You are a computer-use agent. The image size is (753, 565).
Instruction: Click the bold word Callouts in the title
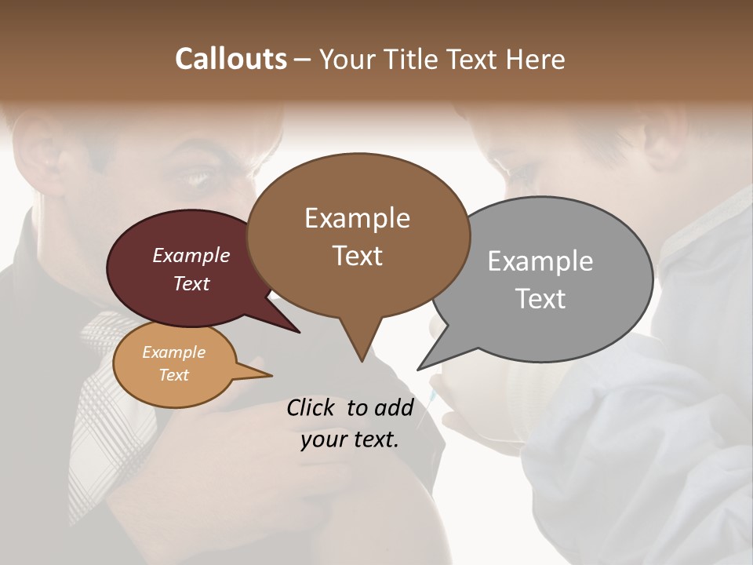(x=231, y=59)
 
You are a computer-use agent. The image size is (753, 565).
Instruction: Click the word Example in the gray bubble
(x=540, y=261)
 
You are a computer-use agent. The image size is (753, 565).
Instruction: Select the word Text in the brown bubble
(x=358, y=256)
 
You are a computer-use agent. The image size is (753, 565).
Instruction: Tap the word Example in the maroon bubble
(x=191, y=255)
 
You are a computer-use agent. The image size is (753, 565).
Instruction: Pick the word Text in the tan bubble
(x=174, y=375)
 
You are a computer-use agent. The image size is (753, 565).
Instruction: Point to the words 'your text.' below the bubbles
(x=350, y=439)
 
